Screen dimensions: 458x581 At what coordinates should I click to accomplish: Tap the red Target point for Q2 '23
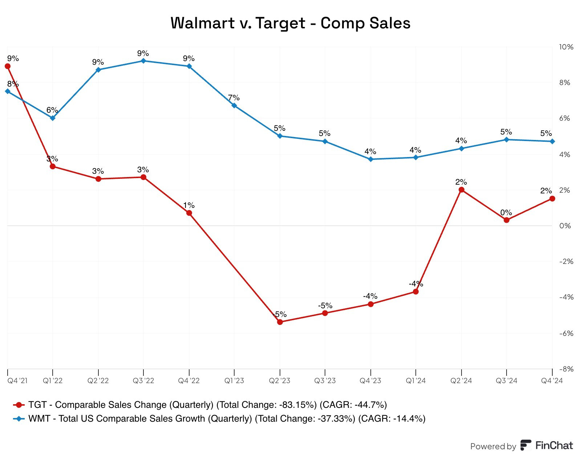click(x=280, y=322)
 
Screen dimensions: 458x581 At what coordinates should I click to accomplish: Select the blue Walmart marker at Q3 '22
click(x=143, y=61)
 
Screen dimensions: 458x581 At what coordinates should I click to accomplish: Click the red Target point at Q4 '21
click(x=8, y=66)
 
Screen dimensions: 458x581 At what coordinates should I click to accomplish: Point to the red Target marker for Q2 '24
click(x=462, y=190)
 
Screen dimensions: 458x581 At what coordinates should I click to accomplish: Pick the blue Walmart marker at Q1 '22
click(x=53, y=118)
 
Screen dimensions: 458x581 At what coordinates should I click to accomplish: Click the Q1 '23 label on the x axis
click(x=234, y=381)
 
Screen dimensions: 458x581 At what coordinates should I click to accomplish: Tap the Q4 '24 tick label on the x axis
click(x=552, y=381)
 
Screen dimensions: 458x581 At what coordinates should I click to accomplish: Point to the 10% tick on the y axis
click(x=566, y=47)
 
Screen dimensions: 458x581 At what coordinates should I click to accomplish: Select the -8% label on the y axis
click(x=566, y=369)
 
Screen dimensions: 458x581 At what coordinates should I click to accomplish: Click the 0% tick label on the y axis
click(x=565, y=226)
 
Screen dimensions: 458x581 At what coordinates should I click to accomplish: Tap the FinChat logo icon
click(x=525, y=445)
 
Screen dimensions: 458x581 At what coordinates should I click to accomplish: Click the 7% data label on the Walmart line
click(x=234, y=98)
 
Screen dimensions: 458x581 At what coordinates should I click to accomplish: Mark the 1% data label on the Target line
click(x=189, y=205)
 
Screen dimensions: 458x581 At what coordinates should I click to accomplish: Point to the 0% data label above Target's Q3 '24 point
click(x=506, y=213)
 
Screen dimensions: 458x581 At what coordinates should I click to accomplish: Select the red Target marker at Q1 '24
click(x=416, y=292)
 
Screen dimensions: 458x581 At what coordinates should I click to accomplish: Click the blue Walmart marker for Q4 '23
click(x=371, y=159)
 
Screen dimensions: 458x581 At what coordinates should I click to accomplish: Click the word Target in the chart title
click(x=280, y=23)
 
